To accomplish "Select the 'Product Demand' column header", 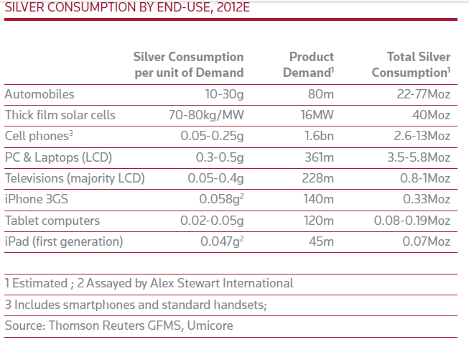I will click(310, 65).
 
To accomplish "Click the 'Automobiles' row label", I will click(39, 94).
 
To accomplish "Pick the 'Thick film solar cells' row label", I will click(60, 115).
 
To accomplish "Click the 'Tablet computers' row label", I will click(52, 221).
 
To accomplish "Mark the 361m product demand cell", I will click(317, 157).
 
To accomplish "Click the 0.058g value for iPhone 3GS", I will click(218, 200).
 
